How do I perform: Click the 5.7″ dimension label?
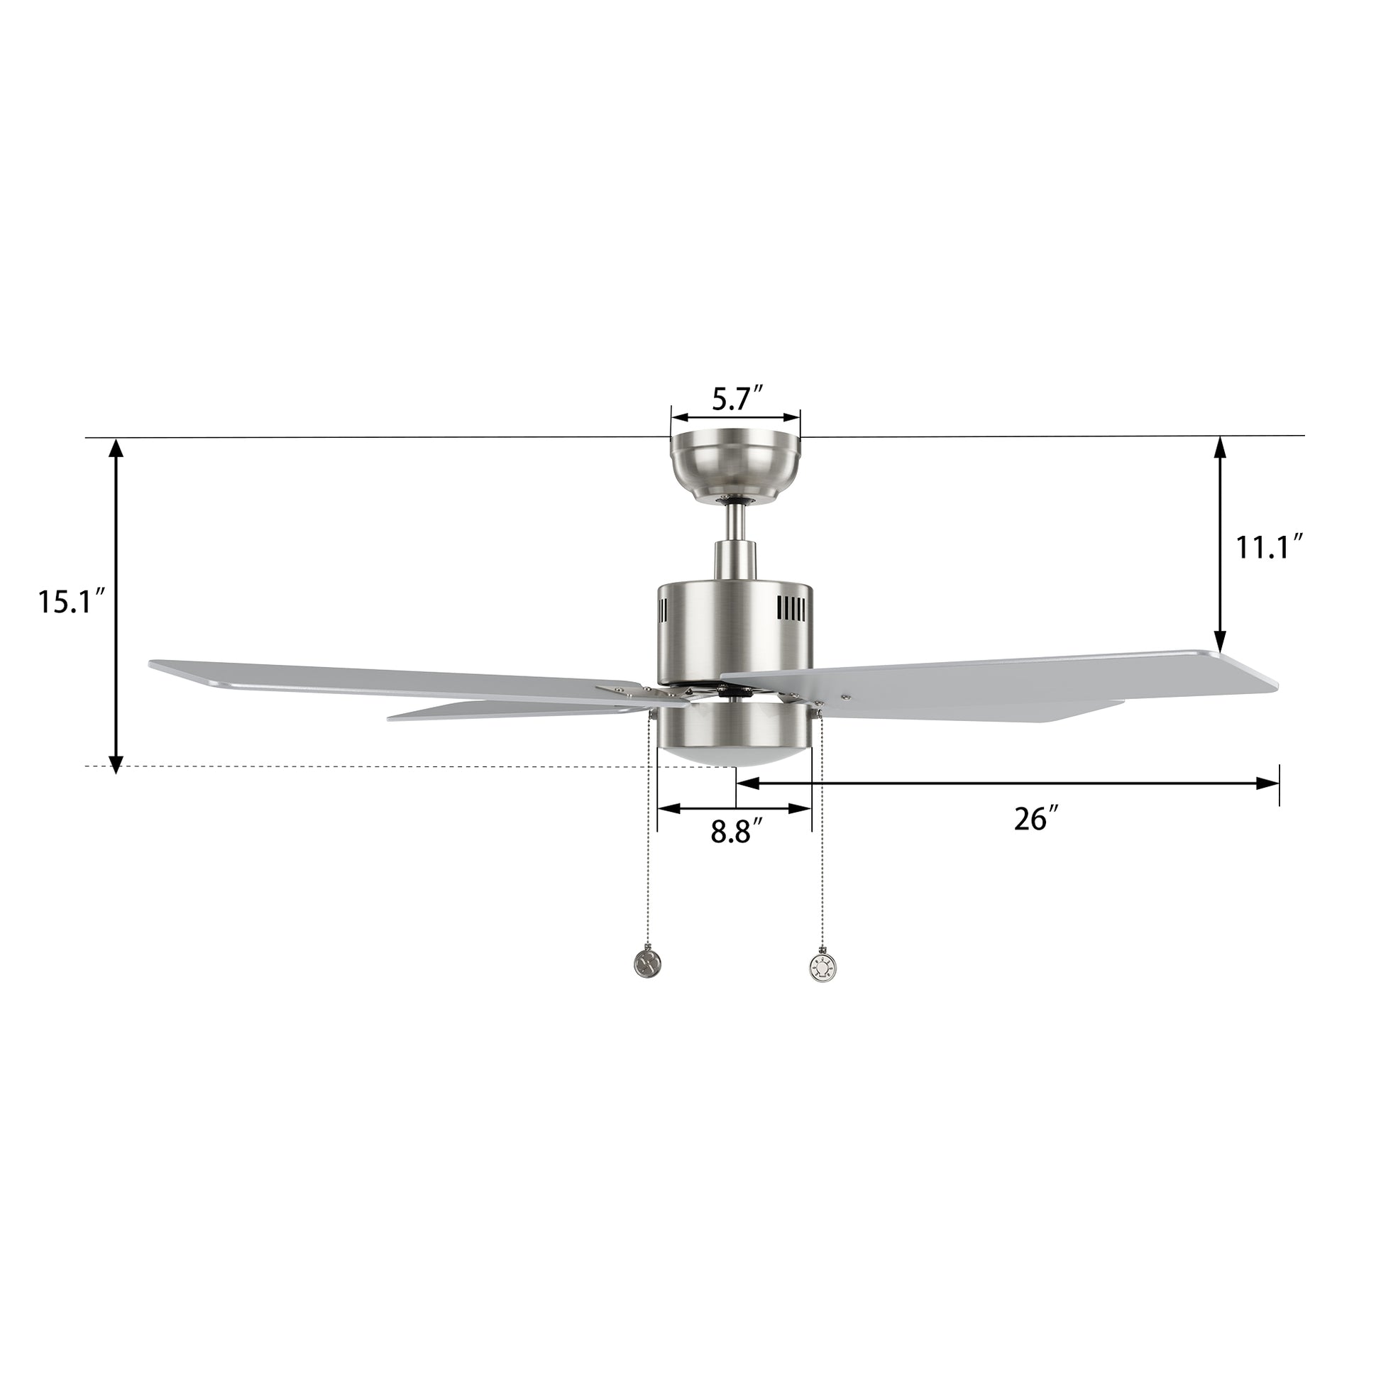[x=738, y=398]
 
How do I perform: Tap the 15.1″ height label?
[x=72, y=601]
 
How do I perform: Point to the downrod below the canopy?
[x=735, y=532]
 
